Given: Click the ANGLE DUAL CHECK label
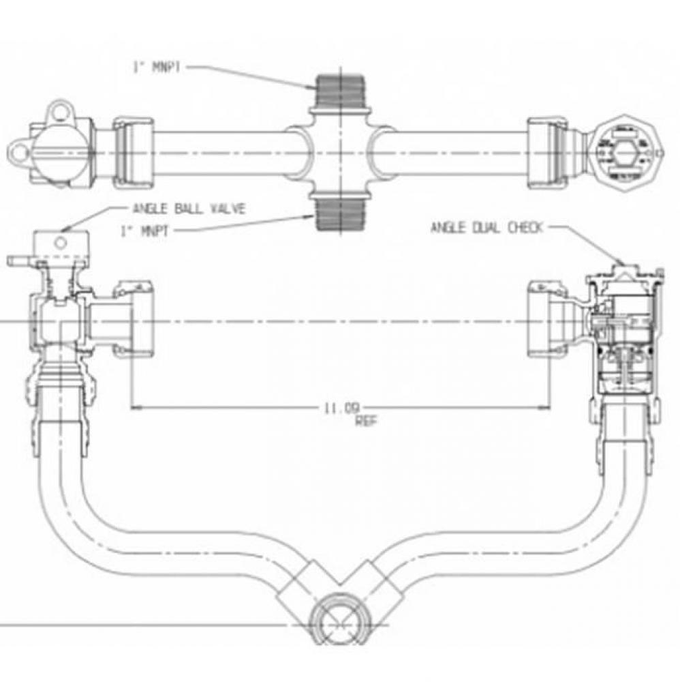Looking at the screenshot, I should tap(486, 228).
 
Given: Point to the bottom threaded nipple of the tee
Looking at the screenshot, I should tap(339, 213).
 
